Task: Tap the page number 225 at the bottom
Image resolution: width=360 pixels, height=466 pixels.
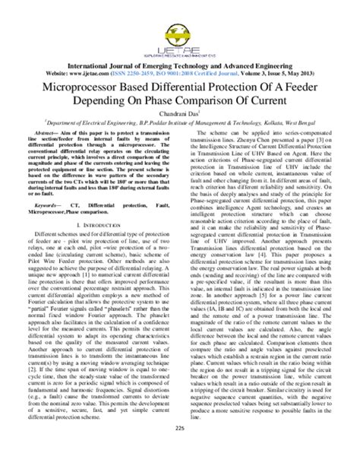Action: [x=180, y=449]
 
